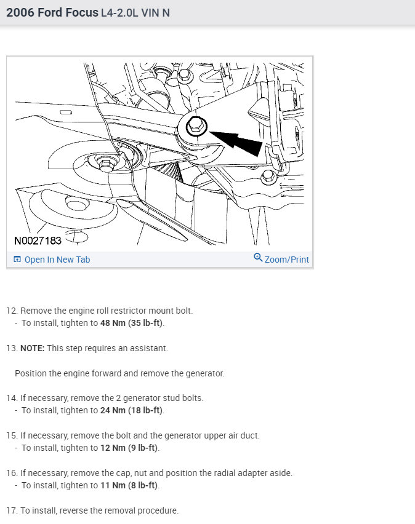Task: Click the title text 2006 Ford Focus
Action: [52, 12]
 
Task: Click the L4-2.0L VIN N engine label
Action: [135, 13]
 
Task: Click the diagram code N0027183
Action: [38, 240]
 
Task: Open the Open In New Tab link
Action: [57, 260]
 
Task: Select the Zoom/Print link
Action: [286, 260]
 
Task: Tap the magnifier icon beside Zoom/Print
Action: [258, 258]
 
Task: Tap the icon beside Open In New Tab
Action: [17, 260]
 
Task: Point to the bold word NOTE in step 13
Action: [31, 348]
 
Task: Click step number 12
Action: [11, 311]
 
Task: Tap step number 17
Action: [11, 510]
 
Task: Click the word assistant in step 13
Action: [148, 348]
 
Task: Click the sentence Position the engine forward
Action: [68, 373]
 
